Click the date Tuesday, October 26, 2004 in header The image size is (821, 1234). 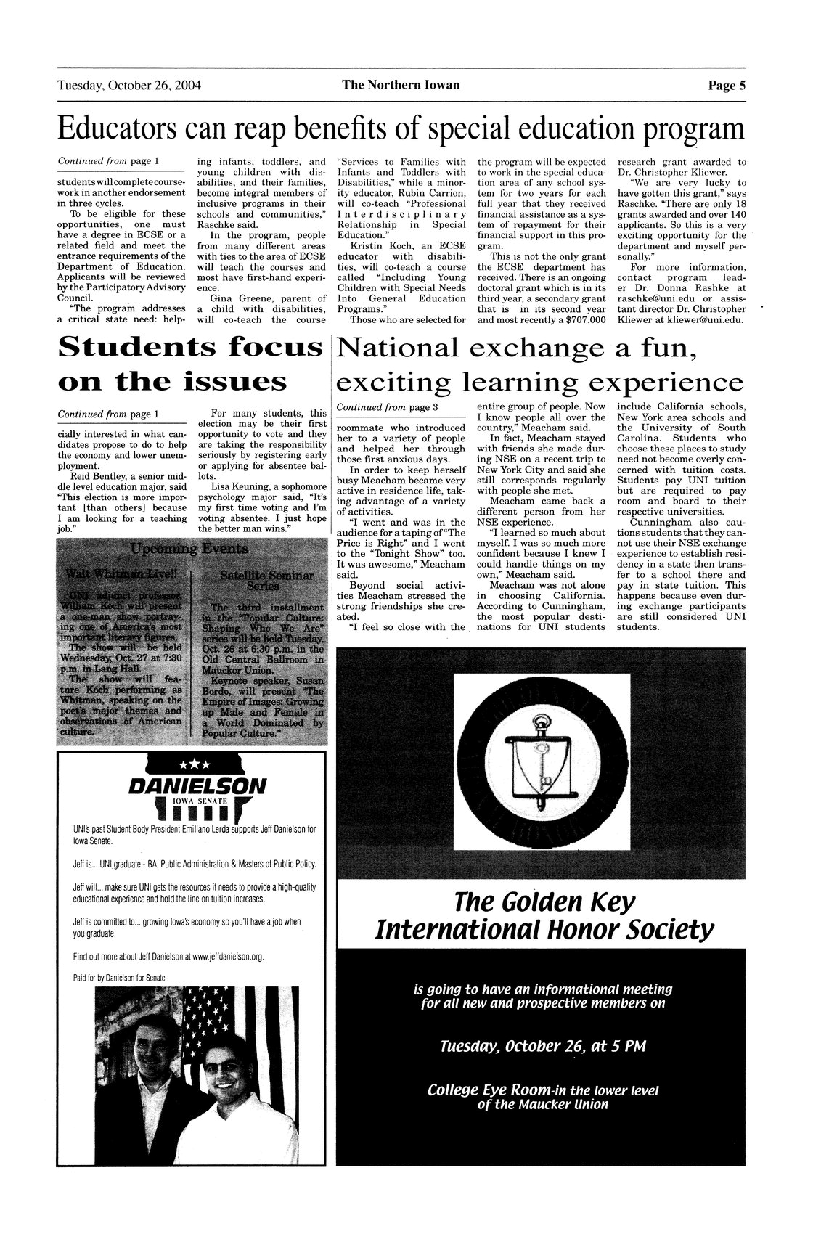pyautogui.click(x=129, y=86)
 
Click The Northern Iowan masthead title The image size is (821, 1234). pyautogui.click(x=401, y=86)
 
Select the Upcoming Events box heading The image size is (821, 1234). pyautogui.click(x=192, y=547)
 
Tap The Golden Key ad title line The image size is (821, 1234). pyautogui.click(x=544, y=904)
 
